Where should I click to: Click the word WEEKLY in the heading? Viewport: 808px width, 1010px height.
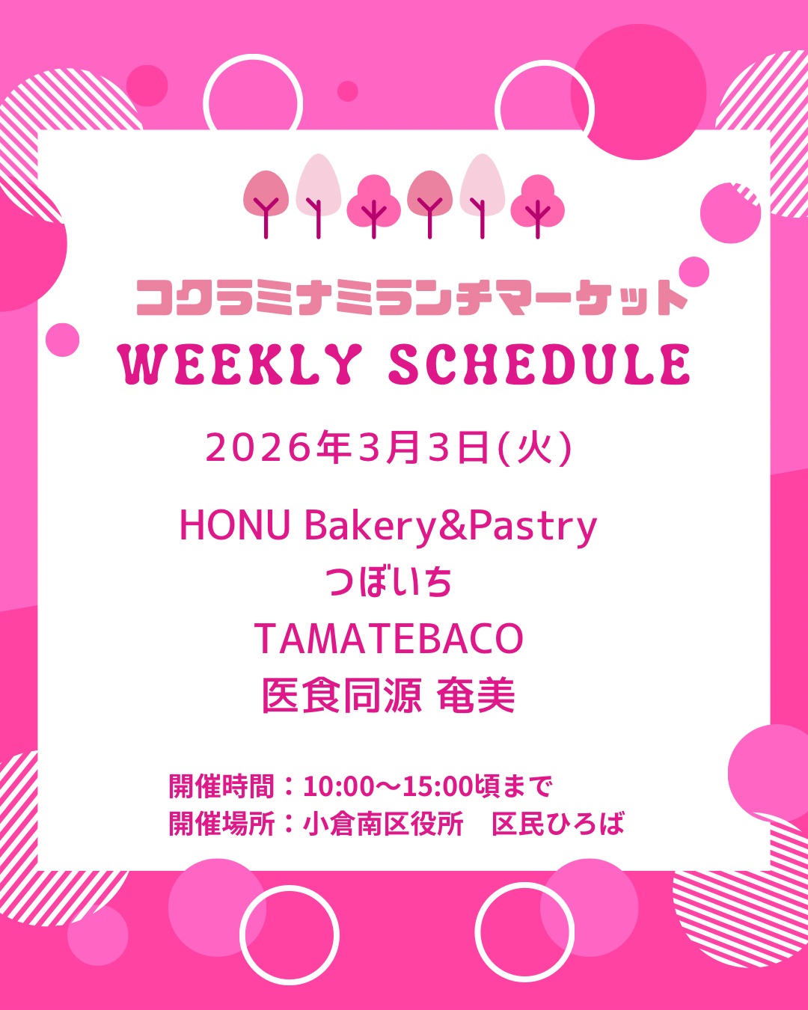coord(240,364)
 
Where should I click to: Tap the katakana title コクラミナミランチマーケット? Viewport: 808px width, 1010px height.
coord(412,298)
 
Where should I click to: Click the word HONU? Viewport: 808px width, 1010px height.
coord(234,526)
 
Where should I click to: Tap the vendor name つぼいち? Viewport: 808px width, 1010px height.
coord(389,582)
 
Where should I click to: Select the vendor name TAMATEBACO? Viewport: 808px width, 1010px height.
coord(389,638)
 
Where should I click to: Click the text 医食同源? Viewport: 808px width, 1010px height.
coord(342,696)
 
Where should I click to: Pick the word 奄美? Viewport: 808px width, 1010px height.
coord(476,696)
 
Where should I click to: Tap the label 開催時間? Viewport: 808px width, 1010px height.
coord(221,786)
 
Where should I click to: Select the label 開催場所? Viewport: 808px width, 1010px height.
coord(221,824)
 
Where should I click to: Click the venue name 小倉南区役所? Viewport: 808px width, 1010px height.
coord(383,824)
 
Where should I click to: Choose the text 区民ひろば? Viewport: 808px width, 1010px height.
coord(558,824)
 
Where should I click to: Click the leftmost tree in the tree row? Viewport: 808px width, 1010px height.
coord(266,203)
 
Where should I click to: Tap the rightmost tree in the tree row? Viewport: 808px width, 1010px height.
coord(538,206)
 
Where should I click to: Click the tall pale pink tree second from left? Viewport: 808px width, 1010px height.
coord(318,195)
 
